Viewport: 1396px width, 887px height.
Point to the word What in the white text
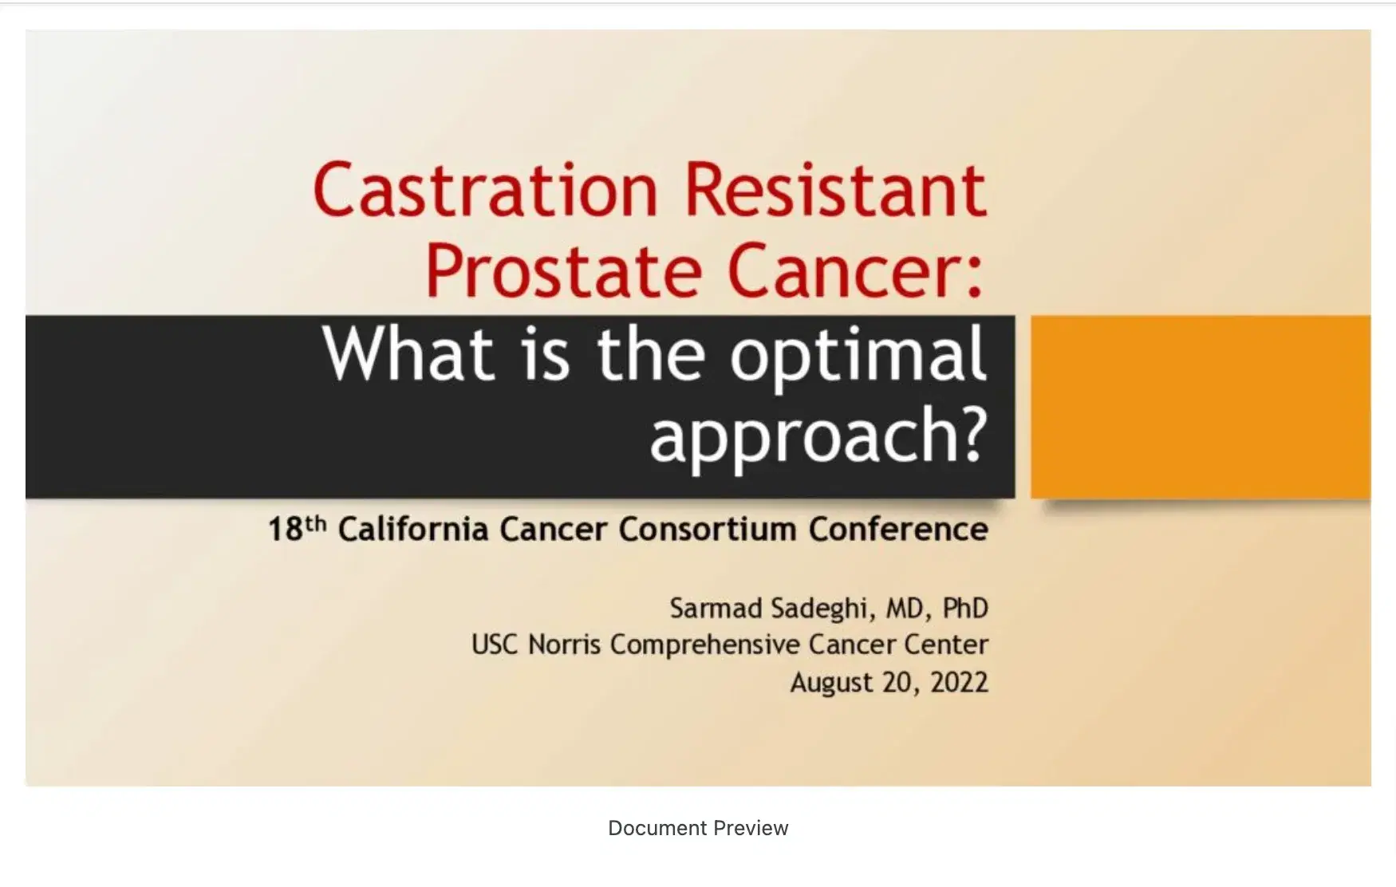point(408,354)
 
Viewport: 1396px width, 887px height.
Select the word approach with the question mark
point(818,436)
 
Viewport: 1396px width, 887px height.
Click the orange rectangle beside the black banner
point(1200,407)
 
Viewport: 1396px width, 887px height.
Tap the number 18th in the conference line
point(297,529)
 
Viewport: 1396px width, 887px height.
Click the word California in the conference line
point(412,529)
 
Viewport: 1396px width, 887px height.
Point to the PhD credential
point(965,609)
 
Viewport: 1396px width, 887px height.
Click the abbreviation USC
point(494,645)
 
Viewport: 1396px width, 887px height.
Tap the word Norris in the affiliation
point(564,645)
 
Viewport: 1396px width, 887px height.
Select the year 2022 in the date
point(959,683)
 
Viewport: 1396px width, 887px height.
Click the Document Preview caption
point(698,828)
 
